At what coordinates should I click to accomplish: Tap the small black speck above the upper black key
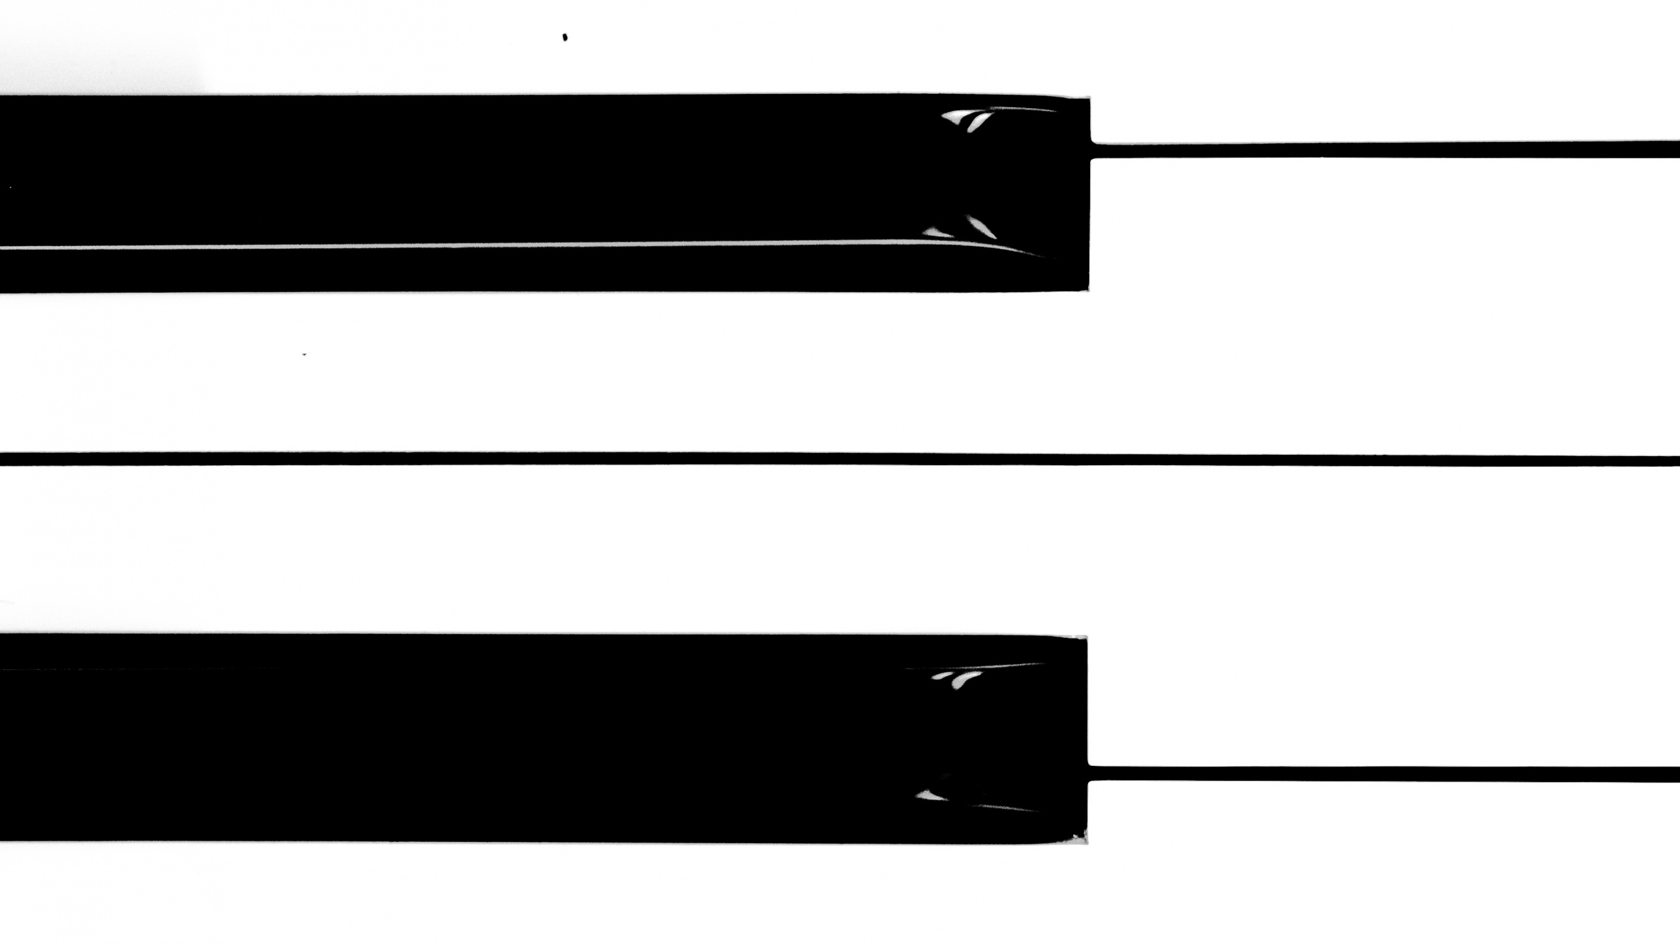pos(565,37)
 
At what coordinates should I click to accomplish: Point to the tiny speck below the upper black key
pos(304,354)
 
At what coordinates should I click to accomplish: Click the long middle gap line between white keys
pos(840,459)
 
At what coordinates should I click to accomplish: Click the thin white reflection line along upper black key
pos(525,245)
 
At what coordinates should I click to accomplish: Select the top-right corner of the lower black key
pos(1085,639)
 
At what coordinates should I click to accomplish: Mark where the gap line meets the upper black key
pos(1092,150)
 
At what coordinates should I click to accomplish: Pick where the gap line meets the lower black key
pos(1089,774)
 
